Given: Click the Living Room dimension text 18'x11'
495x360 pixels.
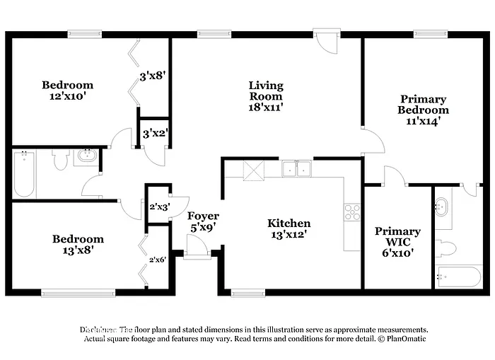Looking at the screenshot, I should click(x=265, y=107).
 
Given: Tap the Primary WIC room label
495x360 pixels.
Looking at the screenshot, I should click(x=397, y=231).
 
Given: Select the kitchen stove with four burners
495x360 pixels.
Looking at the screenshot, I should click(x=351, y=211).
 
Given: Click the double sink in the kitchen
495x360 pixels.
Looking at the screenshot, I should click(x=297, y=169).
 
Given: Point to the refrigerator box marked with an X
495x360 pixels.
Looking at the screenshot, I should click(x=253, y=170).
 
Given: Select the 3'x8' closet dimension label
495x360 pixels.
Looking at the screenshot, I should click(x=153, y=75).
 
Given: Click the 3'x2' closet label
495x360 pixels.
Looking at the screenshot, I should click(x=153, y=133).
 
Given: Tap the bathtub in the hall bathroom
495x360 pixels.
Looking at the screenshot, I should click(x=24, y=175).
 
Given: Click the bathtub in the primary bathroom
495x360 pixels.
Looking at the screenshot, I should click(x=450, y=276).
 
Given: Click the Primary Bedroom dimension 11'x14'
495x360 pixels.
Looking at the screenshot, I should click(x=423, y=121).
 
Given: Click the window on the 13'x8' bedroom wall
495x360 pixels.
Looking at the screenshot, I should click(x=78, y=291).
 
